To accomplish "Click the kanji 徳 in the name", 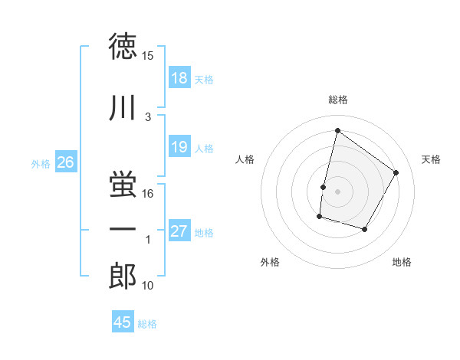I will point(123,47).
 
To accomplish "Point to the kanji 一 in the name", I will point(123,227).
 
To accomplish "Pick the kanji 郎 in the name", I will point(123,278).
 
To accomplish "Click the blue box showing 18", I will point(179,78).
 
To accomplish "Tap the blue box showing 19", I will point(179,148).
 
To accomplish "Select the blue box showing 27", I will point(179,232).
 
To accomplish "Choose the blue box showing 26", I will point(66,162).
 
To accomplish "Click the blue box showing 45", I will point(123,322).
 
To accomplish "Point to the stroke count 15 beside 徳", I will point(148,56).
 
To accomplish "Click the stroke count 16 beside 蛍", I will point(148,193).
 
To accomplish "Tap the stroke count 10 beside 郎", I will point(148,286).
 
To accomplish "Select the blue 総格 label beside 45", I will point(147,323).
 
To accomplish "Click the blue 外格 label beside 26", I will point(40,163).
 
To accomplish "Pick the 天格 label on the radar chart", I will point(431,159).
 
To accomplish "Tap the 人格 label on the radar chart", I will point(245,159).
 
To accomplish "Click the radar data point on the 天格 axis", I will point(396,172).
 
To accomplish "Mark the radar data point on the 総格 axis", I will point(337,130).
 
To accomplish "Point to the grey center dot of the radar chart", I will point(337,191).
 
